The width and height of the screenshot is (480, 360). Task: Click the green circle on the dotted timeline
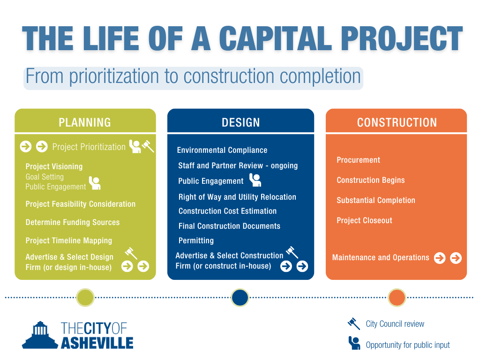tap(85, 297)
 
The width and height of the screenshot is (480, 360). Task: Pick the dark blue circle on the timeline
tap(240, 297)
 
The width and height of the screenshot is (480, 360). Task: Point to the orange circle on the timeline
tap(397, 297)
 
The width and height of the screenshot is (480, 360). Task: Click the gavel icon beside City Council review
tap(354, 323)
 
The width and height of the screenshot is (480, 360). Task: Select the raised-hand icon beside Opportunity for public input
tap(354, 343)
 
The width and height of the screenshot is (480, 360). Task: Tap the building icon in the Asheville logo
tap(40, 335)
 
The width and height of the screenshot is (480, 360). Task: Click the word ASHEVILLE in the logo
tap(97, 343)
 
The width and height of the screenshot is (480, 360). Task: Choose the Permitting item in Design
tap(196, 240)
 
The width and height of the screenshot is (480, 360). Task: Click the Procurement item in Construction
tap(358, 160)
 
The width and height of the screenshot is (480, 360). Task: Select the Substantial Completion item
tap(376, 200)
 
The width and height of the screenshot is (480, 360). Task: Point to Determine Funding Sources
tap(73, 222)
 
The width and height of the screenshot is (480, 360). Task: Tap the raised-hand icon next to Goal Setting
tap(95, 183)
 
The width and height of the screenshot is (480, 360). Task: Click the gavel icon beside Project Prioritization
tap(148, 146)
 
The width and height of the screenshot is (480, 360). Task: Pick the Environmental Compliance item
tap(222, 150)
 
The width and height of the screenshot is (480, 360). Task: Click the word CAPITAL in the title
tap(275, 38)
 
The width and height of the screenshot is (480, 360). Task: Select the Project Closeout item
tap(364, 220)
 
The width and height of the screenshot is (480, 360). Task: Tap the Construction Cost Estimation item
tap(227, 211)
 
